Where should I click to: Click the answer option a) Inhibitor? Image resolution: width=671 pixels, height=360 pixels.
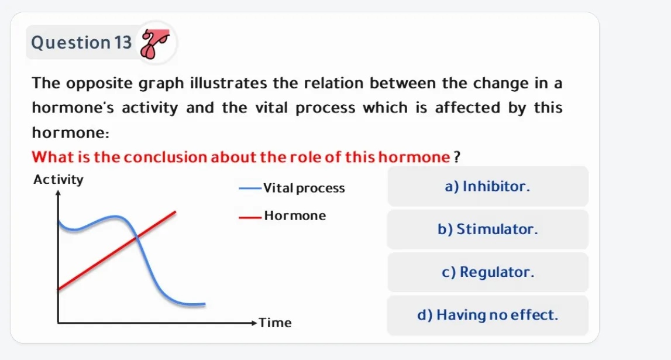[487, 187]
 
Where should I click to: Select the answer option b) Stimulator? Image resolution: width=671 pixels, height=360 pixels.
[487, 229]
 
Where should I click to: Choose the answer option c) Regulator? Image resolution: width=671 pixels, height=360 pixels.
[487, 272]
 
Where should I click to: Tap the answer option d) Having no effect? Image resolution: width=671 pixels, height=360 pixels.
[487, 315]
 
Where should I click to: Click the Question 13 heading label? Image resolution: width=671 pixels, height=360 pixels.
[81, 43]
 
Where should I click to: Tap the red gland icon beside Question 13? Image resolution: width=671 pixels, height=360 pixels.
[156, 43]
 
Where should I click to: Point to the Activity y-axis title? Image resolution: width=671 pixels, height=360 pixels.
[59, 180]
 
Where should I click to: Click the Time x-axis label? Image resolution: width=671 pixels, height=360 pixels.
[275, 323]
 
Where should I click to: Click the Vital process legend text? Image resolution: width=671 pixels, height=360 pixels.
[304, 188]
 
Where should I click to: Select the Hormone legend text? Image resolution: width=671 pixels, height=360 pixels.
[295, 215]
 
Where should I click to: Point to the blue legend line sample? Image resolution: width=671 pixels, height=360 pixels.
[250, 188]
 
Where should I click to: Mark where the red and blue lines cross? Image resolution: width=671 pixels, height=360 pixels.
[136, 236]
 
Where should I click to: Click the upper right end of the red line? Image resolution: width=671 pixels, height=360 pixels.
[175, 211]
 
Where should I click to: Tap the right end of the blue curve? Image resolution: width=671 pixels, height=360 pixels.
[204, 304]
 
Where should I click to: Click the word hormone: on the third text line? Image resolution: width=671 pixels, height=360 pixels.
[70, 133]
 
